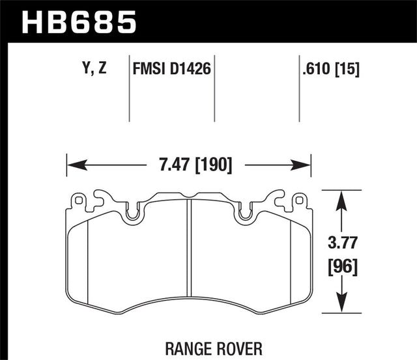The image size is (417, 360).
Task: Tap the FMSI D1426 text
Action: pyautogui.click(x=171, y=67)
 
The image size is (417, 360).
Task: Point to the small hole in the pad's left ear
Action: pyautogui.click(x=78, y=200)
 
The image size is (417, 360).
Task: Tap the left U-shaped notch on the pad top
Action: pyautogui.click(x=133, y=212)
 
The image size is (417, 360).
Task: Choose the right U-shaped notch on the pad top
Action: pyautogui.click(x=246, y=212)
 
